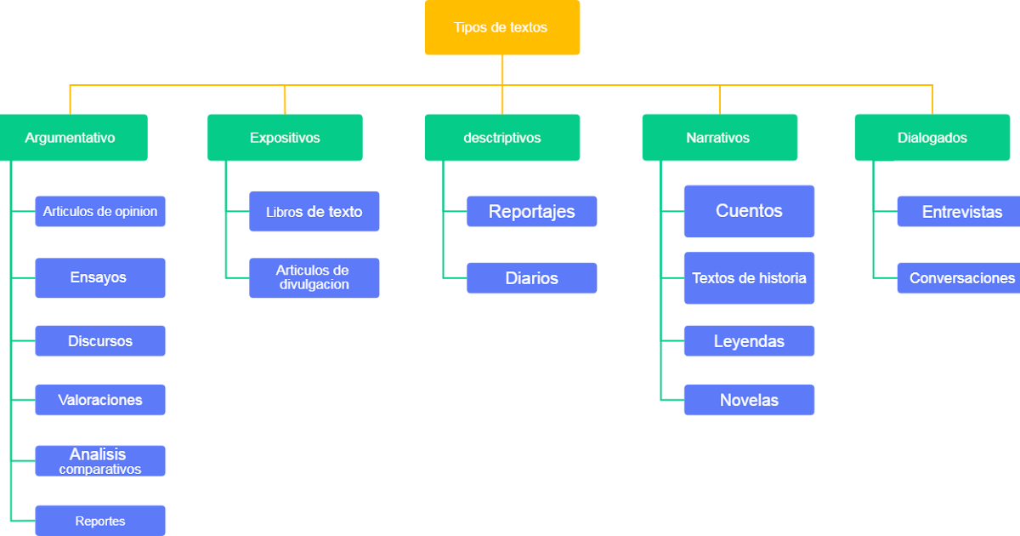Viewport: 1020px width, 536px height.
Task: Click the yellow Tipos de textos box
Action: click(x=501, y=27)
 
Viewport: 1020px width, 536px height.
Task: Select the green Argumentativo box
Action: click(x=73, y=138)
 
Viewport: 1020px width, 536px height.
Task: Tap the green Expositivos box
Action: click(x=285, y=138)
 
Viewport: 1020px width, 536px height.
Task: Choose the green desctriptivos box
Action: click(x=501, y=138)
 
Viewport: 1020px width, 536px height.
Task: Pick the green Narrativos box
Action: click(x=719, y=138)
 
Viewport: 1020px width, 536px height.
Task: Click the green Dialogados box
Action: click(x=932, y=138)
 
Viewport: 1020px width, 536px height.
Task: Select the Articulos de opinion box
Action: click(x=100, y=211)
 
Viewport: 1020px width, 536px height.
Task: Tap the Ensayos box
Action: click(x=100, y=277)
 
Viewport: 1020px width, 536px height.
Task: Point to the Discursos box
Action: click(x=100, y=341)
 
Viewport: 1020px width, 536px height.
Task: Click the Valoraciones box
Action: click(x=100, y=400)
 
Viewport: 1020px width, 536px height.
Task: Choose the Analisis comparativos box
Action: click(x=100, y=460)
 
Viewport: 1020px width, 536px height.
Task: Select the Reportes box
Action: click(x=100, y=521)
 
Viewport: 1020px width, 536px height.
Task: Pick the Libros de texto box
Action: click(x=314, y=212)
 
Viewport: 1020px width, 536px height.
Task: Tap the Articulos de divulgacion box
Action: click(x=314, y=277)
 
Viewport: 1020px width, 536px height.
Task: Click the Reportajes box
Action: click(x=531, y=211)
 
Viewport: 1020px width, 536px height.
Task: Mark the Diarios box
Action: click(x=531, y=278)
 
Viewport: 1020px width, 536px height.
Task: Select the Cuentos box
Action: click(x=749, y=211)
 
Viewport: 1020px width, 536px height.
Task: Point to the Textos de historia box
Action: click(x=749, y=278)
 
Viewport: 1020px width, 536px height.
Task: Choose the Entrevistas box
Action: click(x=960, y=212)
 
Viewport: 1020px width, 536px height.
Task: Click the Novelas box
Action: click(x=749, y=400)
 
